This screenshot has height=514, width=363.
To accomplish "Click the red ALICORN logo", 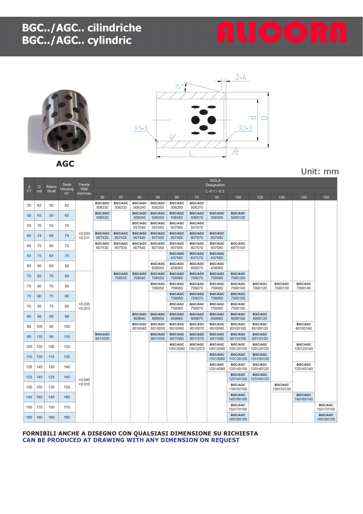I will tap(282, 32).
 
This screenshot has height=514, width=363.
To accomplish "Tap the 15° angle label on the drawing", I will tap(179, 87).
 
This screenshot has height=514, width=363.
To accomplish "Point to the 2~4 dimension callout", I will tap(241, 77).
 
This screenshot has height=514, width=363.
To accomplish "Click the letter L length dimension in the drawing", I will tap(191, 152).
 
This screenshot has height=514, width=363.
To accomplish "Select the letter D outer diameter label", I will tap(265, 118).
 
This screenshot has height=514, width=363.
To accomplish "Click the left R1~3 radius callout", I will tap(141, 128).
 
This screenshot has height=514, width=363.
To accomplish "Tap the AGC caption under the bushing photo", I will tap(65, 164).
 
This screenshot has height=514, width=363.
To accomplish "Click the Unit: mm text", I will tap(320, 172).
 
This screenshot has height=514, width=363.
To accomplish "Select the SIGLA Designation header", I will tap(215, 183).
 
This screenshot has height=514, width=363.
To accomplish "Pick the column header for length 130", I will tap(282, 197).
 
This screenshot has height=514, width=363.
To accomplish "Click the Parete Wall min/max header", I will tap(84, 189).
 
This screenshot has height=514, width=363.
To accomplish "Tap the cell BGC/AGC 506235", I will tap(121, 205).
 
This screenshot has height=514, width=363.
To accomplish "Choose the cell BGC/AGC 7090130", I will tap(282, 286).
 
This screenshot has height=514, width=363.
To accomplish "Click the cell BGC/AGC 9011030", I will tap(102, 337).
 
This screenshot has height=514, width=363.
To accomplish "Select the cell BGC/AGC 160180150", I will tap(326, 417).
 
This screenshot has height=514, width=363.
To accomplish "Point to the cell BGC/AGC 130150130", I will tap(282, 387).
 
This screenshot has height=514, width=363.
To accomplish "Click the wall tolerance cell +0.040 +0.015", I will tap(84, 382).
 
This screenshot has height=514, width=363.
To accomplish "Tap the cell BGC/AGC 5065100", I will tap(238, 216).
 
